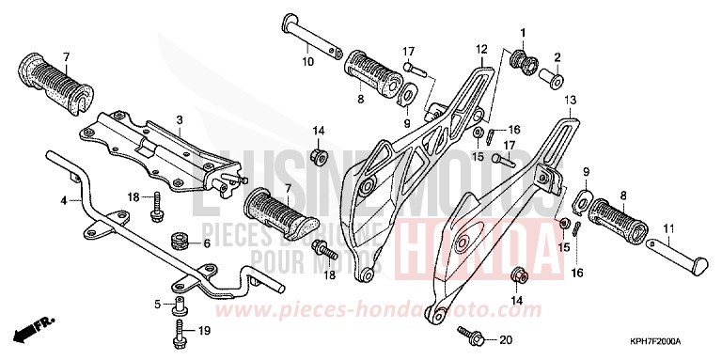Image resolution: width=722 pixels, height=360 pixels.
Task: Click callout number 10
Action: tap(307, 62)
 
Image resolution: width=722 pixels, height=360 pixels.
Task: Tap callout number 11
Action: tap(668, 228)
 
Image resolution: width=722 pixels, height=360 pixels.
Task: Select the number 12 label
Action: tap(480, 48)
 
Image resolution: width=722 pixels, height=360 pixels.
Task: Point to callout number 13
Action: tap(569, 100)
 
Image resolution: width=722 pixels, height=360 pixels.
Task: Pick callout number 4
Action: tap(65, 200)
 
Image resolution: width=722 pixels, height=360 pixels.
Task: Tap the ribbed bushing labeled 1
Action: tap(520, 62)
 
